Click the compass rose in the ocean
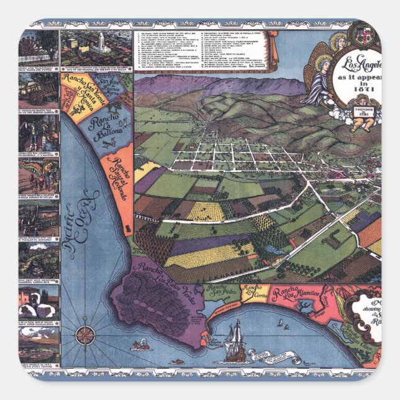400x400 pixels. coord(85,336)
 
